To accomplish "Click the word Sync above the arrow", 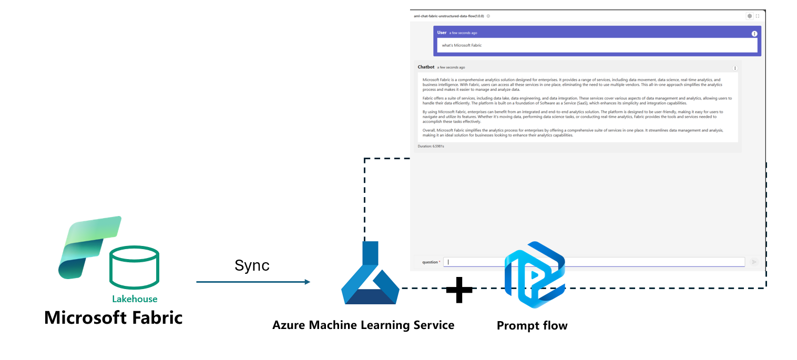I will coord(252,265).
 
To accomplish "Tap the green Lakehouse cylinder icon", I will coord(134,268).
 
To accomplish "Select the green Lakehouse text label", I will coord(135,299).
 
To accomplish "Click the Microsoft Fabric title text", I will coord(114,317).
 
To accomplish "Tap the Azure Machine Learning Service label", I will coord(363,325).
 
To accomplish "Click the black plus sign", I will coord(459,290).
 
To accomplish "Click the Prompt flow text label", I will coord(532,326).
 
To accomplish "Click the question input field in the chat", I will coord(594,262).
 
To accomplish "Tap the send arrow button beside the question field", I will coord(754,262).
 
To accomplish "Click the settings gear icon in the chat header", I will coord(749,16).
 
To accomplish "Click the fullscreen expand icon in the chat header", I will coord(758,16).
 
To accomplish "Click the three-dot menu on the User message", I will coord(754,34).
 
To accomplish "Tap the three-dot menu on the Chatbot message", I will coord(735,68).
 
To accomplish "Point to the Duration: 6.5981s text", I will coord(431,146).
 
